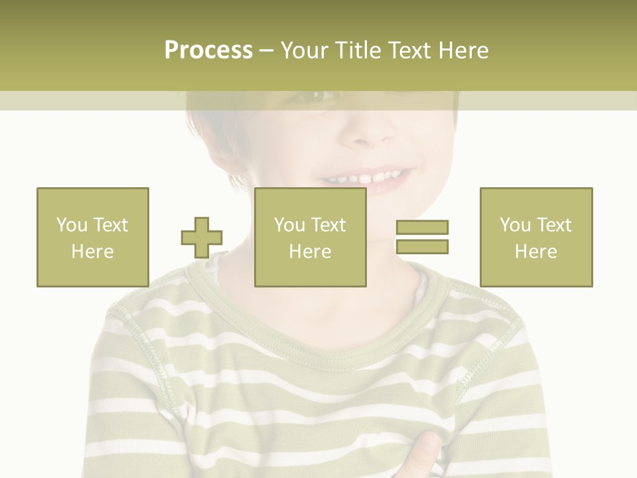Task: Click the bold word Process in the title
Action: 208,50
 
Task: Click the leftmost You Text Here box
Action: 92,237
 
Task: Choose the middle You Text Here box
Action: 310,237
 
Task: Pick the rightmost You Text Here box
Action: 535,237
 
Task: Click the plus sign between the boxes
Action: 202,237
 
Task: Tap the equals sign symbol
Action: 422,237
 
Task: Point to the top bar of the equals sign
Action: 422,228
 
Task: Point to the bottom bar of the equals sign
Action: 422,246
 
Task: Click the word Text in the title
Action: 407,50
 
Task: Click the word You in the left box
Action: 72,225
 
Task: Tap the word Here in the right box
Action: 535,251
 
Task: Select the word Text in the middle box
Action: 328,225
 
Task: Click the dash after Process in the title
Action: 266,50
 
